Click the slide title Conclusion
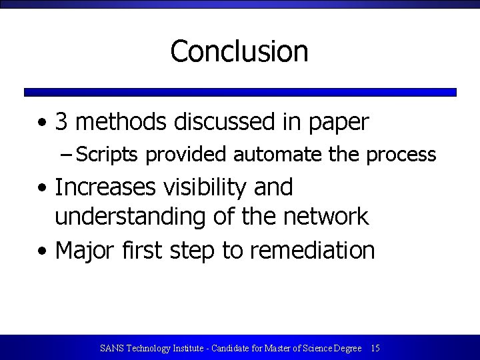pos(239,51)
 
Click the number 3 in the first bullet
pos(61,122)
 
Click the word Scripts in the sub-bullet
pos(107,155)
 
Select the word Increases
pos(105,187)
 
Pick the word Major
pos(85,251)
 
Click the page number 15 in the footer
pos(375,348)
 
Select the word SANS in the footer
pos(111,348)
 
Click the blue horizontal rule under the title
pos(240,93)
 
